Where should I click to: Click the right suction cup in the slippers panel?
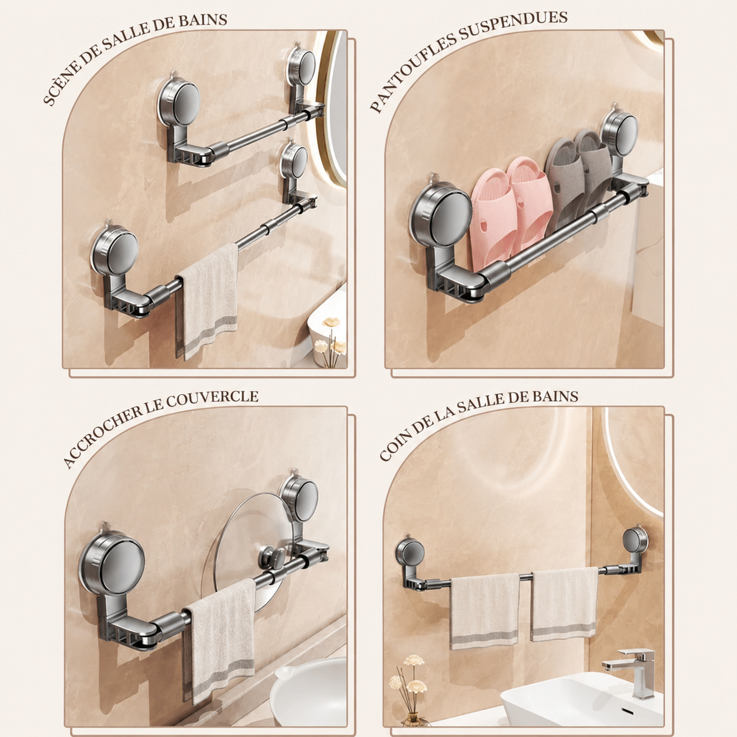(x=619, y=133)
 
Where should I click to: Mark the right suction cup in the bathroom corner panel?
(x=635, y=541)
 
